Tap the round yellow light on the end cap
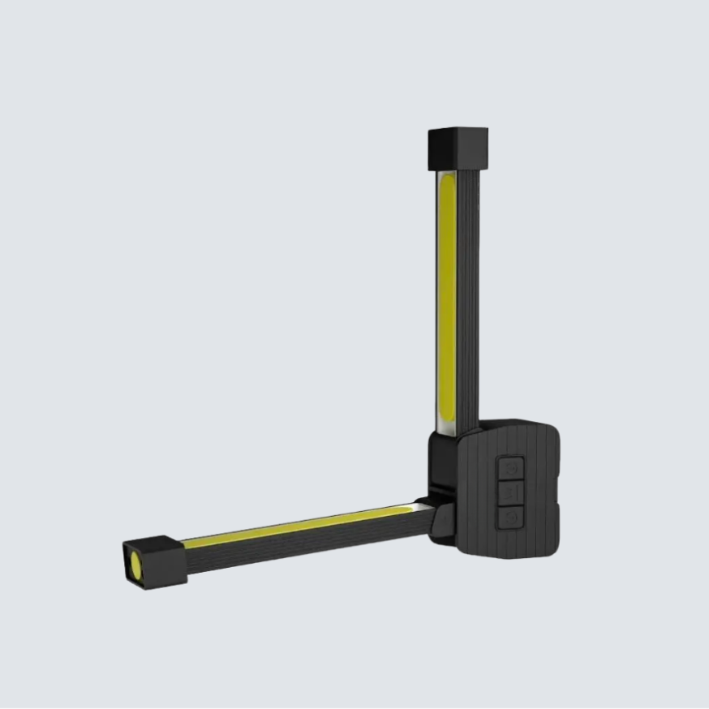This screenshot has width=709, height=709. point(132,563)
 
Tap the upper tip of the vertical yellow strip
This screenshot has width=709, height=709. point(447,180)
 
